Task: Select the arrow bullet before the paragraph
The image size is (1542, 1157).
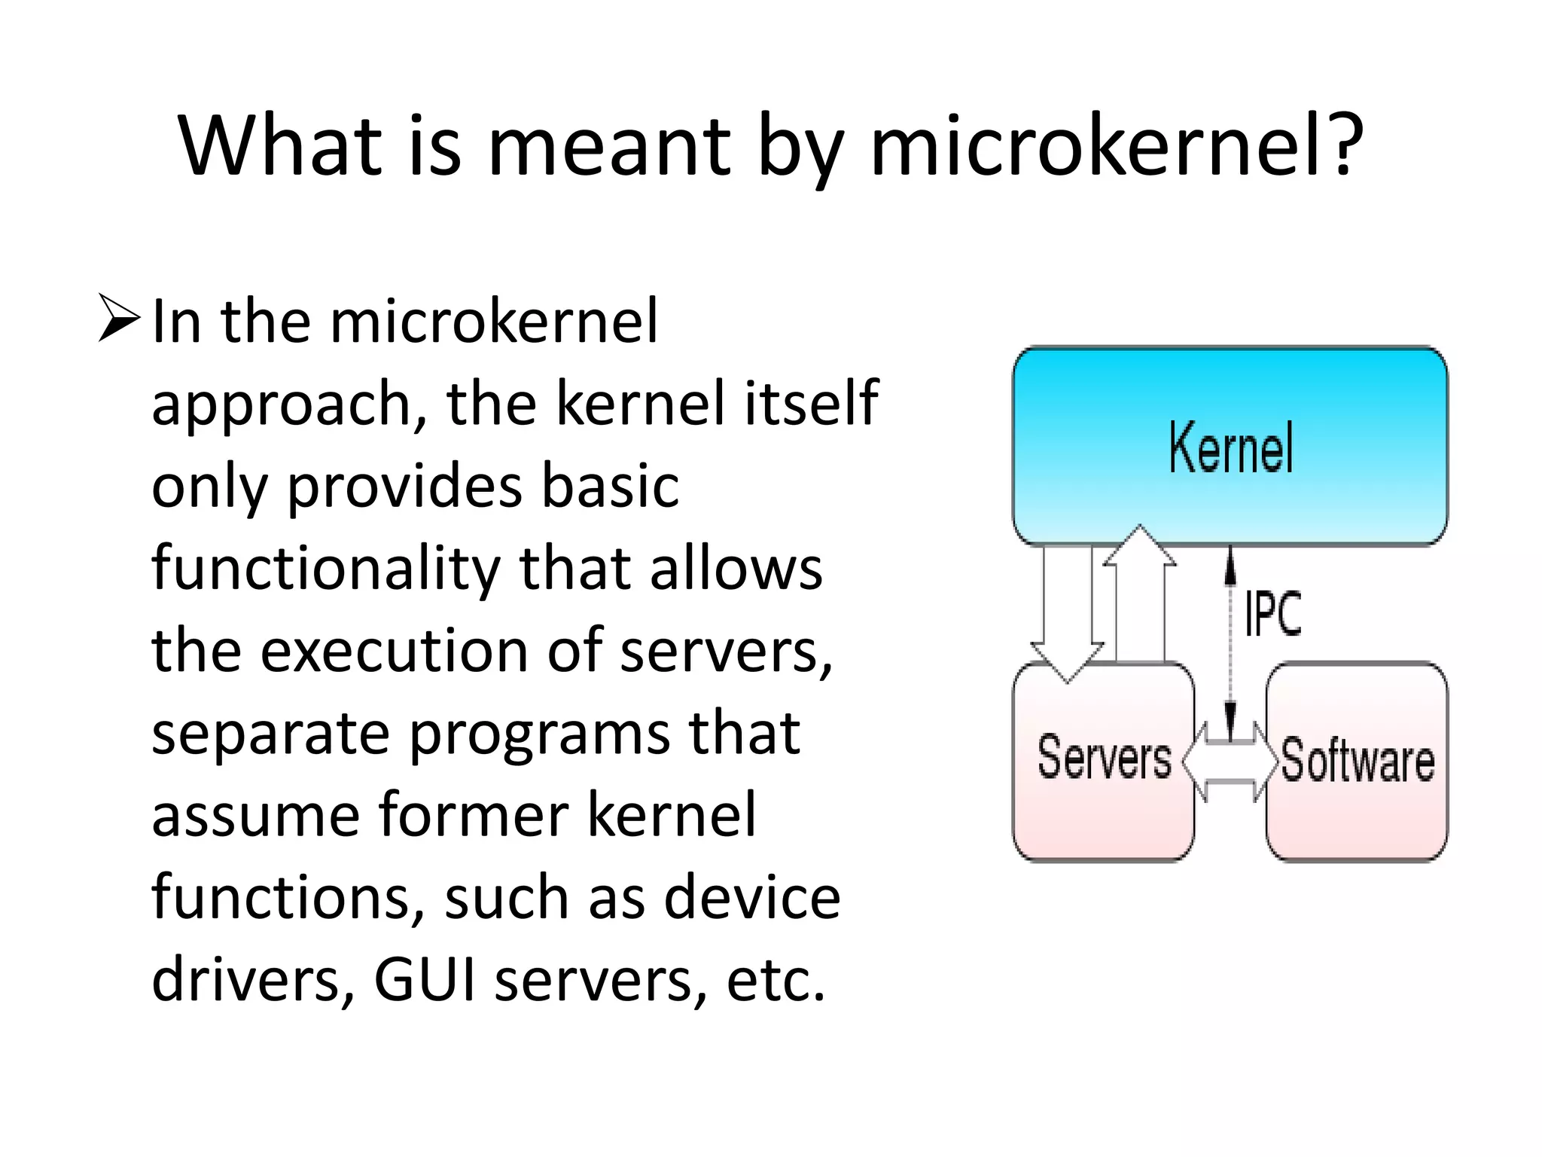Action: pyautogui.click(x=119, y=319)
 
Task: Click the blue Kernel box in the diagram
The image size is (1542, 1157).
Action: pyautogui.click(x=1230, y=446)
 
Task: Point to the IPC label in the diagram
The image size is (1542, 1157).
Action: pyautogui.click(x=1272, y=614)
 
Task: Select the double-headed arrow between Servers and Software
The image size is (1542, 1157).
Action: pyautogui.click(x=1230, y=762)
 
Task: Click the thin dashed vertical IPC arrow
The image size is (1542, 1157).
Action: pyautogui.click(x=1230, y=640)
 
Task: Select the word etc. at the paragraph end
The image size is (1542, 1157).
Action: pyautogui.click(x=776, y=979)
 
